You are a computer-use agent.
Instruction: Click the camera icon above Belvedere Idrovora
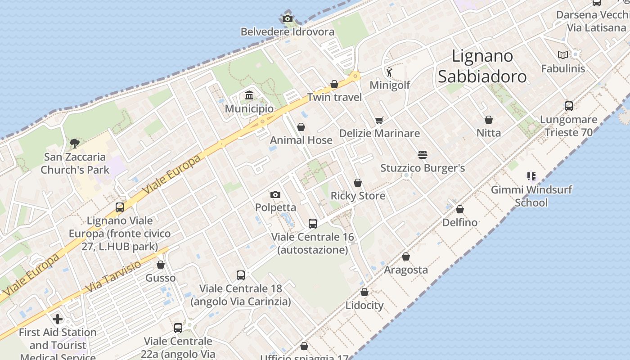(x=288, y=19)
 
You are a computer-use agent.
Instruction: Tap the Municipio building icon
(x=249, y=95)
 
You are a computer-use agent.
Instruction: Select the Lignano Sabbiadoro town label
(x=482, y=66)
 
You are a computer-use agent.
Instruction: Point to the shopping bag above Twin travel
(x=334, y=84)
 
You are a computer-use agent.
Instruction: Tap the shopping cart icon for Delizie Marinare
(x=379, y=120)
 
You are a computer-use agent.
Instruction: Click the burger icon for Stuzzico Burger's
(x=422, y=155)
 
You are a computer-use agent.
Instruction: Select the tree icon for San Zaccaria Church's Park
(x=75, y=144)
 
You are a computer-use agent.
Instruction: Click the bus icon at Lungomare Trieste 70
(x=569, y=106)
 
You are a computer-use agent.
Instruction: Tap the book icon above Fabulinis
(x=563, y=55)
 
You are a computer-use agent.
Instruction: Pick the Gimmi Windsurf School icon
(x=531, y=176)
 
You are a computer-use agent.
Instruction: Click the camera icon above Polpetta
(x=275, y=194)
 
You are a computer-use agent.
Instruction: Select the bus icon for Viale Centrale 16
(x=312, y=223)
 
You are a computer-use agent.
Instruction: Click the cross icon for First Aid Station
(x=58, y=319)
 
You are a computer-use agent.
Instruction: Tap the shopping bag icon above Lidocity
(x=364, y=292)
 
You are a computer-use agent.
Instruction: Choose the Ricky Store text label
(x=358, y=196)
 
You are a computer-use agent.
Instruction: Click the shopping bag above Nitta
(x=489, y=120)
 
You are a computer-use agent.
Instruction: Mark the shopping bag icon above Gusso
(x=161, y=265)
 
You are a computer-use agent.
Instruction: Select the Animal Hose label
(x=301, y=140)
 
